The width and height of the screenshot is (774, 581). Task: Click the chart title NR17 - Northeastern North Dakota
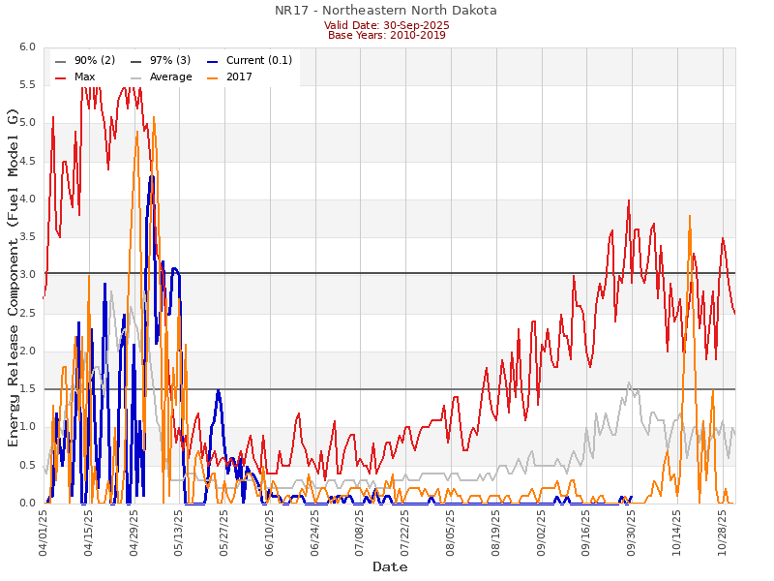[x=386, y=11]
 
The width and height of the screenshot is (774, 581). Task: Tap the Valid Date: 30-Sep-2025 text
[x=386, y=24]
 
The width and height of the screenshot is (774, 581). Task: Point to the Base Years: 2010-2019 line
[x=386, y=35]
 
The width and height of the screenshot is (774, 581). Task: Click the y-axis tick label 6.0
[x=27, y=47]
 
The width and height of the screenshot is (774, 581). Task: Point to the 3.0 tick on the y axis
[x=27, y=275]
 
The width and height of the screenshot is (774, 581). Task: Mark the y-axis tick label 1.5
[x=27, y=389]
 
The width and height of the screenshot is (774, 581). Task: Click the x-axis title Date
[x=390, y=566]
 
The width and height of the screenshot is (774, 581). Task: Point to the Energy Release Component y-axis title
[x=14, y=277]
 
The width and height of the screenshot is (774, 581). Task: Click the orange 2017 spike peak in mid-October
[x=690, y=216]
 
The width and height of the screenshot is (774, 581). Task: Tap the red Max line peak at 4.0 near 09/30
[x=629, y=200]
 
